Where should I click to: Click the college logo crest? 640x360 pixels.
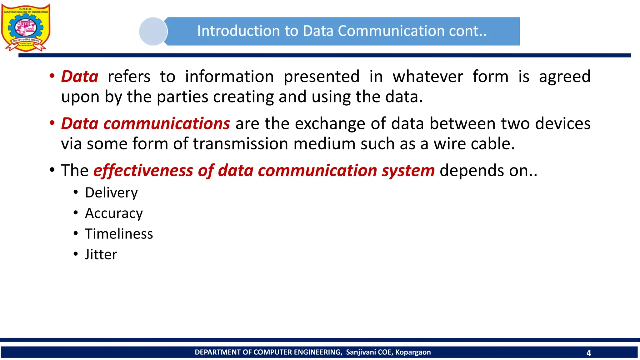click(26, 27)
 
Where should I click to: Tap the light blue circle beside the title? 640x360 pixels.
click(153, 31)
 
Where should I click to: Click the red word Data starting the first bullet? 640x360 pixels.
click(80, 77)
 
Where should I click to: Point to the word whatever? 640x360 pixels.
click(428, 77)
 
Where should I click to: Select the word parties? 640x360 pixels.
click(182, 97)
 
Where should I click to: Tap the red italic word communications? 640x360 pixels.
click(167, 123)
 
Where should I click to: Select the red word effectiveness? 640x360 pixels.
click(143, 171)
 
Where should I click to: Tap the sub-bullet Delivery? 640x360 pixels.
click(111, 192)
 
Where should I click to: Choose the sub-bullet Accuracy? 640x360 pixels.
click(114, 213)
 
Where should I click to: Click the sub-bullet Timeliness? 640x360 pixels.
click(119, 234)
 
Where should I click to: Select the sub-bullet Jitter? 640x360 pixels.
click(101, 254)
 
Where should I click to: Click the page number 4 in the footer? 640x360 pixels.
click(588, 353)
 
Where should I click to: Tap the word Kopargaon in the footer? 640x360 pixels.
click(413, 352)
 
